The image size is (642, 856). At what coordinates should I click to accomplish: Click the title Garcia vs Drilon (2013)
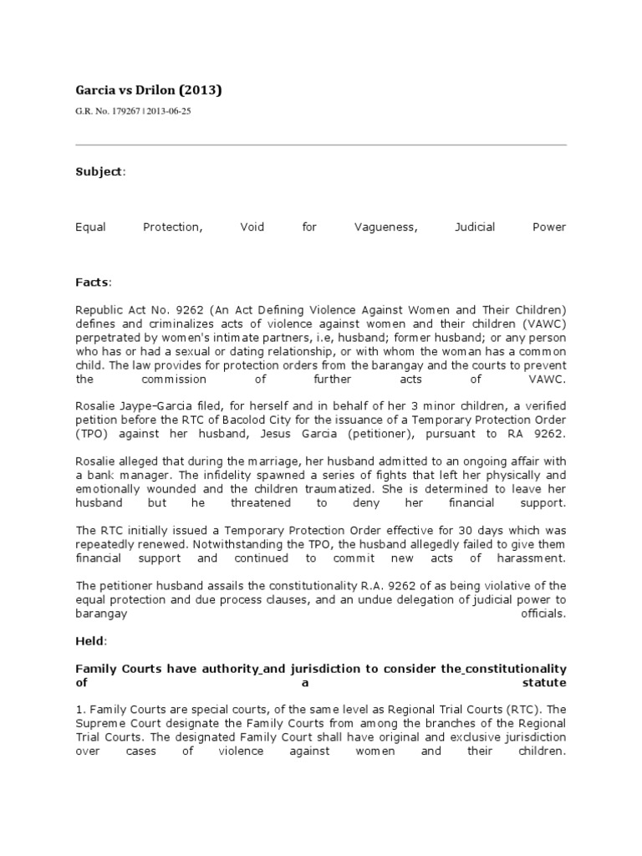[149, 90]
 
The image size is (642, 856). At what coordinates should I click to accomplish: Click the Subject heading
[99, 171]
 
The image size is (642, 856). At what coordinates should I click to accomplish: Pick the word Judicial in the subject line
[474, 227]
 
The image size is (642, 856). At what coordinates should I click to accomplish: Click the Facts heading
[93, 283]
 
